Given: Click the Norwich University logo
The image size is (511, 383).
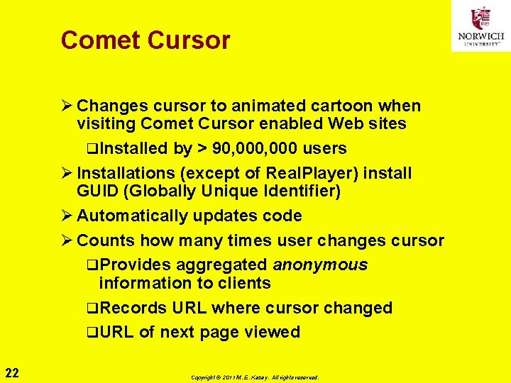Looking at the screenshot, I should (x=480, y=26).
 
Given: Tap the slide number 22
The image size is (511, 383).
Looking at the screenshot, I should (x=12, y=373).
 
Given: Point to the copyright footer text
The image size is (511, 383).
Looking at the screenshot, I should (x=255, y=377).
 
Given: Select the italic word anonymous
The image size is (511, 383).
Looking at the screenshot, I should (x=320, y=265).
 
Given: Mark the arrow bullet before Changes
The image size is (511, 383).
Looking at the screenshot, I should (x=67, y=106).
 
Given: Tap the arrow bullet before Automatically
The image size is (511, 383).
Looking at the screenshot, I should (x=67, y=216).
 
